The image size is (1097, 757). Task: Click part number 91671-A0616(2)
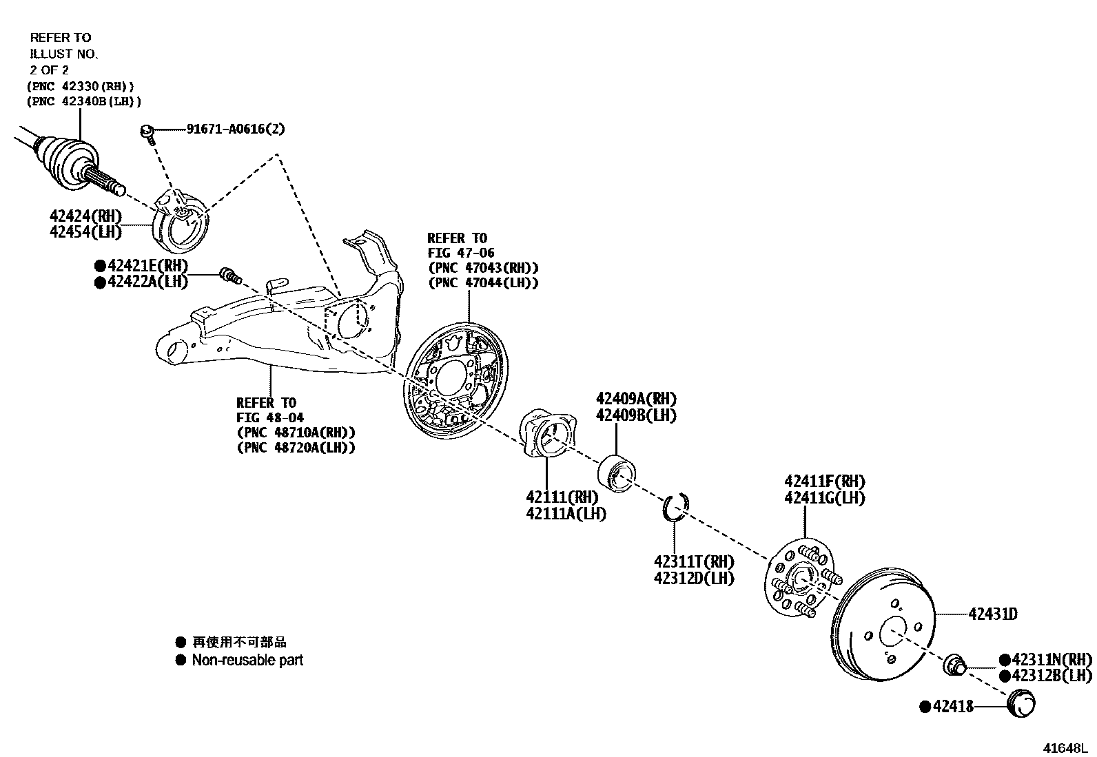[235, 129]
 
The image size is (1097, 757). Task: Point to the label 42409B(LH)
[636, 415]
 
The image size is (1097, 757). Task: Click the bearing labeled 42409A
[616, 473]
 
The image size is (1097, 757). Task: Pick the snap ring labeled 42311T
[675, 506]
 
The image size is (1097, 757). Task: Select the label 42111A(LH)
[566, 513]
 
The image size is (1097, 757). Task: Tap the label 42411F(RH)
[824, 481]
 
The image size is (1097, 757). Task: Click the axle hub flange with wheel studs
[799, 578]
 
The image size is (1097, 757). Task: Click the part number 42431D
[993, 614]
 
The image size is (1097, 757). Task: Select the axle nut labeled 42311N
[954, 665]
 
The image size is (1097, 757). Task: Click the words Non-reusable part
[247, 660]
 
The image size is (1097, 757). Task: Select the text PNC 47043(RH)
[483, 267]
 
